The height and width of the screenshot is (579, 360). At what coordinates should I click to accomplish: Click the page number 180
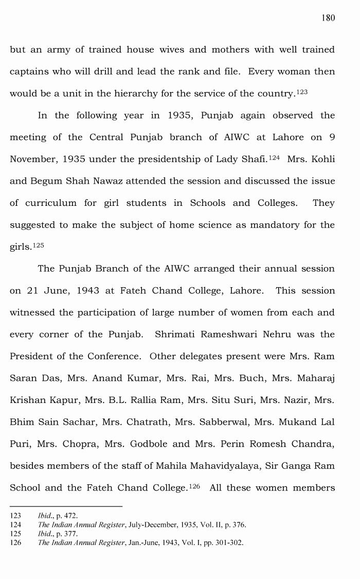[x=328, y=18]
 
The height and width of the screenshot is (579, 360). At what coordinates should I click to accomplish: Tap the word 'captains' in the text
[x=28, y=72]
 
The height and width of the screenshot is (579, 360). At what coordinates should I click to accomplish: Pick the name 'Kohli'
[x=321, y=160]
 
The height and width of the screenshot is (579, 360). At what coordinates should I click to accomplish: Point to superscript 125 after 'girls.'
[x=38, y=245]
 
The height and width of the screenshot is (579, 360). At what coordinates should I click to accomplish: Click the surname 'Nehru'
[x=278, y=335]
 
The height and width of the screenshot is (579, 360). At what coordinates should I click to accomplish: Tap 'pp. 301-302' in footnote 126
[x=223, y=543]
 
